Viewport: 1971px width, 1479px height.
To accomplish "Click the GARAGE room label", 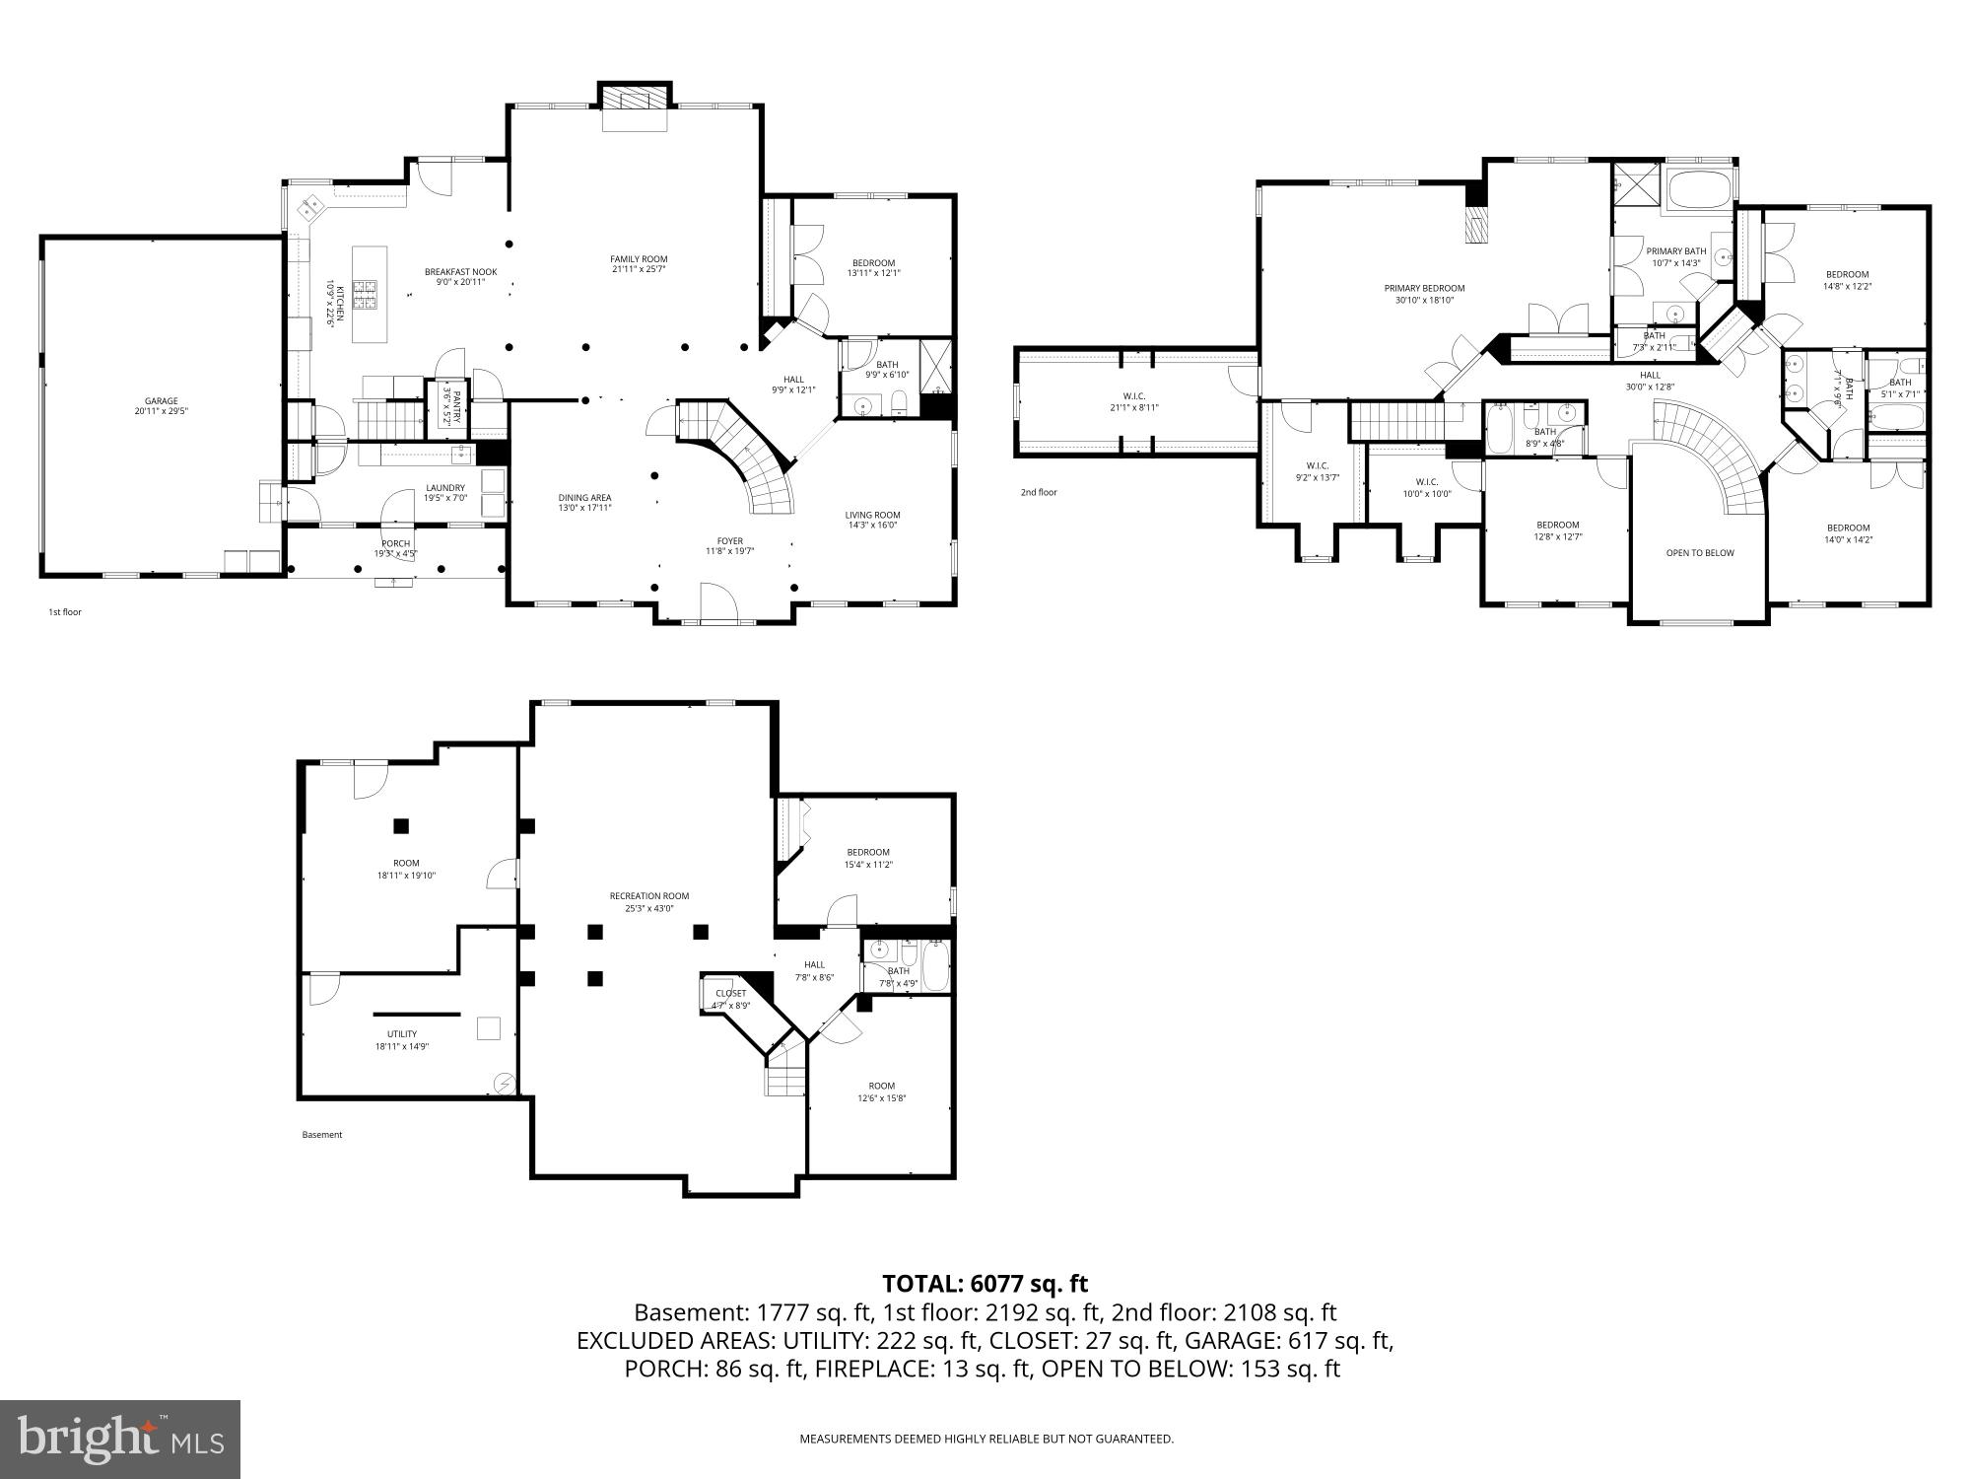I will [x=161, y=401].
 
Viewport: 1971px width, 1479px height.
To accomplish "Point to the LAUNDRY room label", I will [x=444, y=488].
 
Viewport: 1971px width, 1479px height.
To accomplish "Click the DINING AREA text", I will [x=585, y=498].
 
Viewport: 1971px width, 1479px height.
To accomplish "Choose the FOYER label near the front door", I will [x=729, y=541].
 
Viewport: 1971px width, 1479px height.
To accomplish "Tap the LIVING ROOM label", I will [x=872, y=515].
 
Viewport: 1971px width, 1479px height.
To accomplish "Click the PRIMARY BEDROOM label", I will [x=1424, y=289].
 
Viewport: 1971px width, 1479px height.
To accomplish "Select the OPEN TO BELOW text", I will [x=1700, y=553].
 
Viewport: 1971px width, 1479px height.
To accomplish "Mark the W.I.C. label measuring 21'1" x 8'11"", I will [x=1133, y=396].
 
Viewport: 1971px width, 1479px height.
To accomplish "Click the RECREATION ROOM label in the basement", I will [x=648, y=896].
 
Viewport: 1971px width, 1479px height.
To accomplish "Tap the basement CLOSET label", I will [x=730, y=993].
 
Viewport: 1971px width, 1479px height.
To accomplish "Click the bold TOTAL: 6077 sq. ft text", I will [x=985, y=1284].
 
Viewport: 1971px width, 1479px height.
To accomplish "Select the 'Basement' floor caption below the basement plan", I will [x=321, y=1135].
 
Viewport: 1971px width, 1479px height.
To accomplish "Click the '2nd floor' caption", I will [x=1039, y=492].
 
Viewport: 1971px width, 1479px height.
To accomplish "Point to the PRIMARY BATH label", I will [x=1675, y=251].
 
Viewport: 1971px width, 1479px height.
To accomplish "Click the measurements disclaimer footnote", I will [x=985, y=1439].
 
